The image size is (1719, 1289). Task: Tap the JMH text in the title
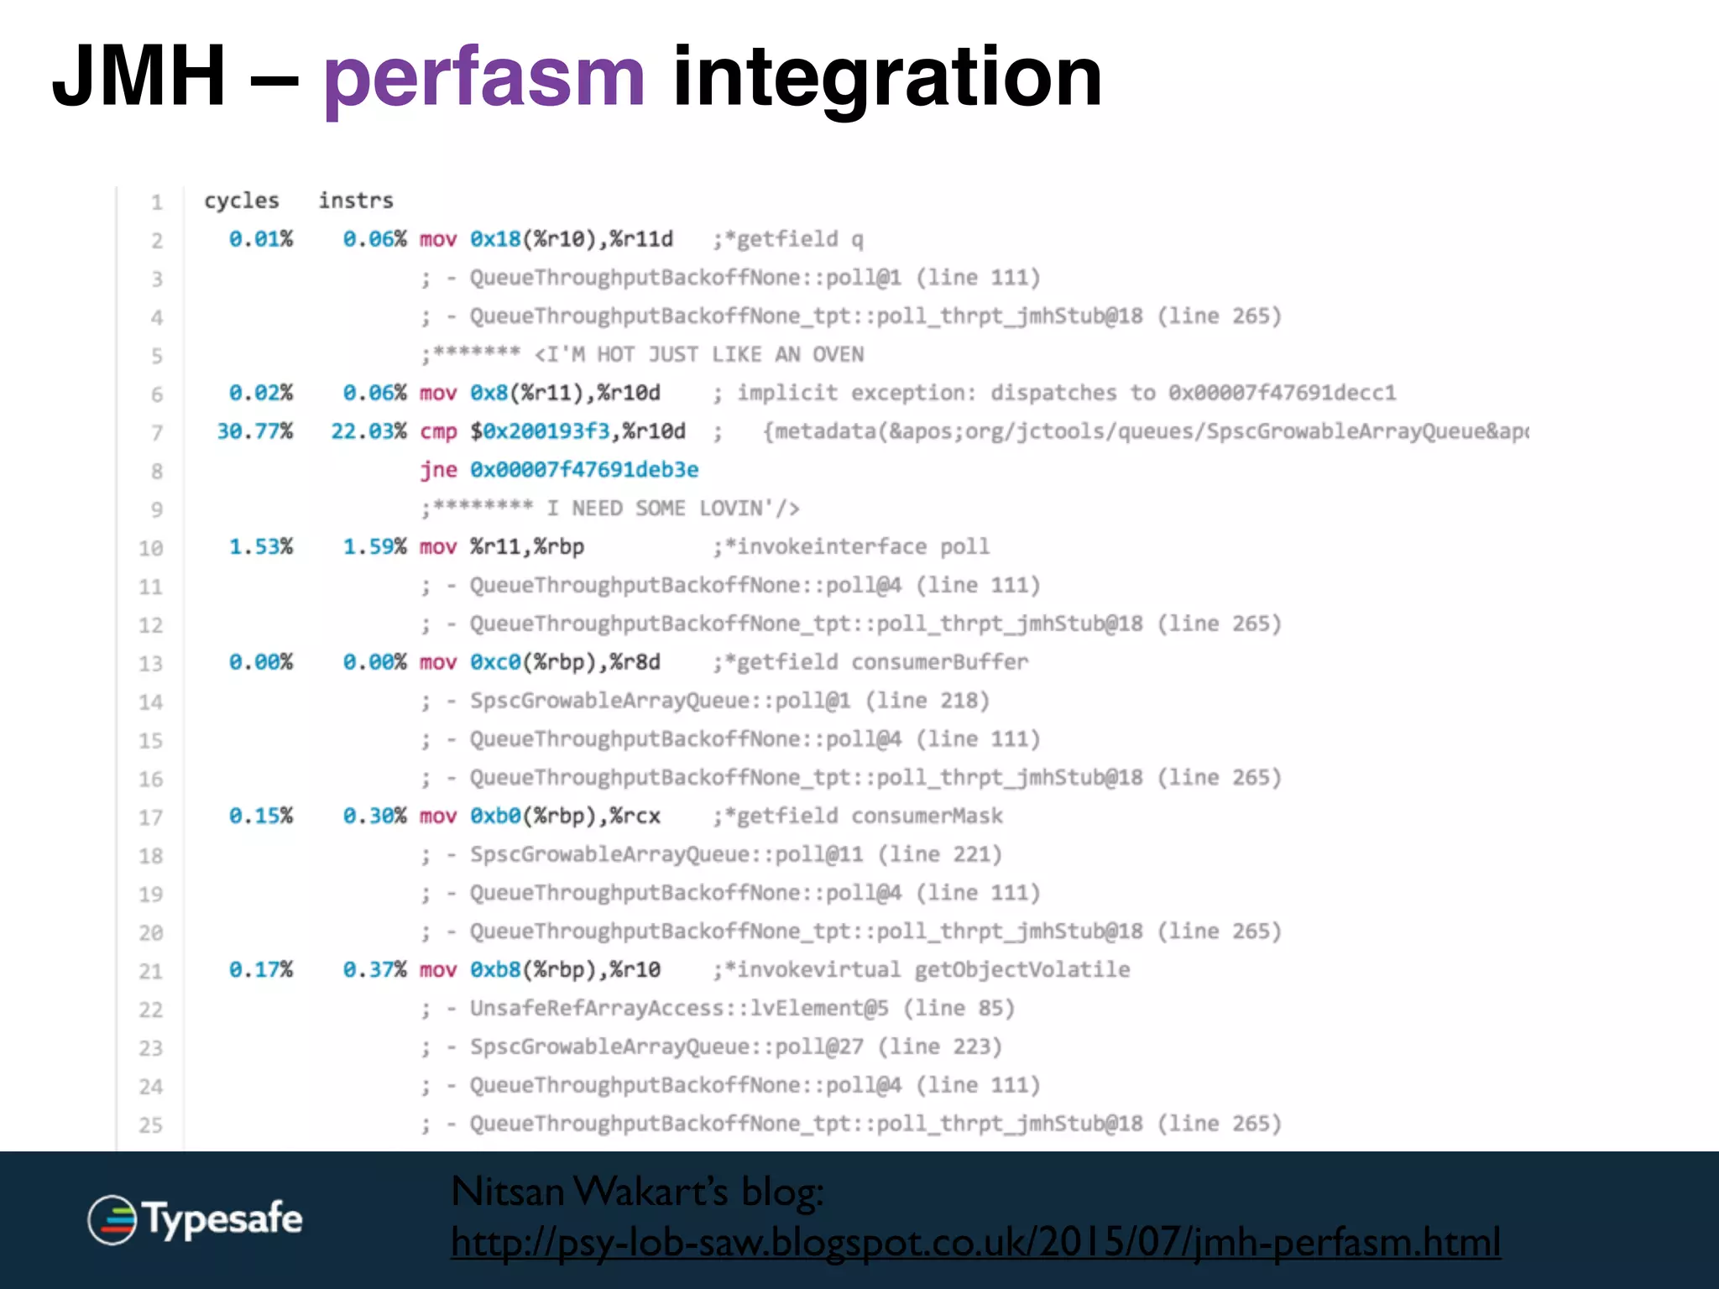[138, 77]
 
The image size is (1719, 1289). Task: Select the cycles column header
[242, 201]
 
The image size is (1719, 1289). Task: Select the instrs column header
[356, 201]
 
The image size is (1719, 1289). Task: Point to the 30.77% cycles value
[255, 431]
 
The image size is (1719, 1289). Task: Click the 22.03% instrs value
[368, 431]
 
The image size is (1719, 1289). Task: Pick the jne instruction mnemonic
[438, 470]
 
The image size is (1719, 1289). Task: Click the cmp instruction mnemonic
[438, 431]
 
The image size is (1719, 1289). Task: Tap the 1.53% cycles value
[261, 547]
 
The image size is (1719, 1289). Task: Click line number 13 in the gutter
[151, 664]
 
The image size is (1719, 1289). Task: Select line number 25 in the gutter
[151, 1125]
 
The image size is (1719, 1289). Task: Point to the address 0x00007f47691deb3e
[584, 470]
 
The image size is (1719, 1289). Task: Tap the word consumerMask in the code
[927, 816]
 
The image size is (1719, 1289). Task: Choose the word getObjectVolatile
[1022, 969]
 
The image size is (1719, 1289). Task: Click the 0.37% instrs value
[374, 969]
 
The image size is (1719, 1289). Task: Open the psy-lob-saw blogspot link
[975, 1242]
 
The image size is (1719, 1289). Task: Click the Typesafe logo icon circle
[112, 1219]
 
